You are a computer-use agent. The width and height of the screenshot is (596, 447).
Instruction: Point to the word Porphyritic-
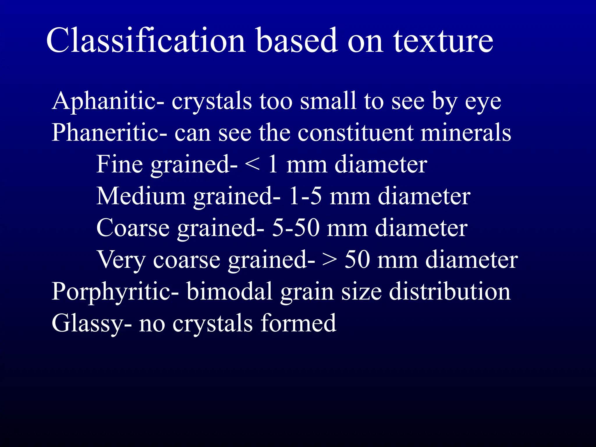115,291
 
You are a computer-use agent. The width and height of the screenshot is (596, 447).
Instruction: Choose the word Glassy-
91,324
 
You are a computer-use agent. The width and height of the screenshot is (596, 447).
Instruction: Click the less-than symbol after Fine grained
252,165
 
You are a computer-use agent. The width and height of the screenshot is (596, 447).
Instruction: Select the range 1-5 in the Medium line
305,196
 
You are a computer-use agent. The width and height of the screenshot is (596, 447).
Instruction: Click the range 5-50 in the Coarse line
295,228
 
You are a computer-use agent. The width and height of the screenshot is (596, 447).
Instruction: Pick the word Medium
141,196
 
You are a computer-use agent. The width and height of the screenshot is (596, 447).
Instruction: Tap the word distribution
449,291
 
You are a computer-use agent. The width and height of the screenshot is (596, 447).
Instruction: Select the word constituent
355,133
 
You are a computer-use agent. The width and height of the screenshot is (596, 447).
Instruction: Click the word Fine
120,165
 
